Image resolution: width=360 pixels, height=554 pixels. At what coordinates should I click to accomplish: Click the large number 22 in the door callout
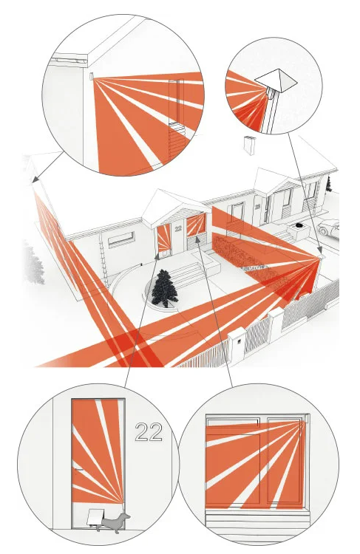pos(149,432)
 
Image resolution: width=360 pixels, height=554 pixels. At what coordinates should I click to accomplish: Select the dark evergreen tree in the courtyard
pos(164,288)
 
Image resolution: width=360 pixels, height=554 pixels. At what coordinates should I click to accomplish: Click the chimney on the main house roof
pos(250,146)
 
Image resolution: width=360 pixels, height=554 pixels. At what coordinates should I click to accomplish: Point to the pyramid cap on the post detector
pos(276,80)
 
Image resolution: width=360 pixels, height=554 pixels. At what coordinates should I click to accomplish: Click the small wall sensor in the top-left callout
pos(91,76)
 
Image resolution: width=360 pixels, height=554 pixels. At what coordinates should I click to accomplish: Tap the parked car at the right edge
pos(329,228)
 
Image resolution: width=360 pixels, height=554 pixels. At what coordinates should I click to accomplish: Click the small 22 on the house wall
pos(178,228)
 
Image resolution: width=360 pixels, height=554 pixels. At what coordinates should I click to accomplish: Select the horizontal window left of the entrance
pos(121,239)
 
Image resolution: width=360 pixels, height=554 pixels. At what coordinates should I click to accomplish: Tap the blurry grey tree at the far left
pos(33,263)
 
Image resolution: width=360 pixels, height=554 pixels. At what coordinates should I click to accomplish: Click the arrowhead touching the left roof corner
pos(34,179)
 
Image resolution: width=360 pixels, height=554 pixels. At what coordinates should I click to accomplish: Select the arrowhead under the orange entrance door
pos(157,258)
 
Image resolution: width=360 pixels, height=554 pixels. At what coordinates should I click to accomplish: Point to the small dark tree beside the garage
pos(328,184)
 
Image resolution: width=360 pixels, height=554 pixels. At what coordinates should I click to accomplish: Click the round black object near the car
pos(299,225)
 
